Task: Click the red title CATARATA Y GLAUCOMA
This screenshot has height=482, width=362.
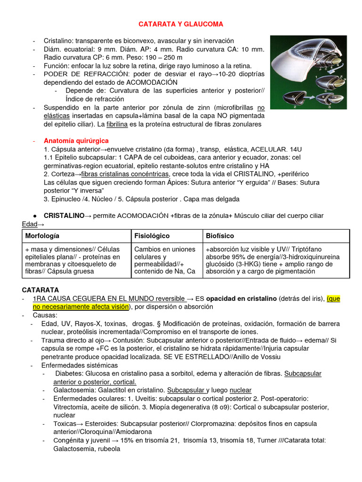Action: click(181, 24)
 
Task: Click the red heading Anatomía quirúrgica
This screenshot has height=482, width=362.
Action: click(76, 141)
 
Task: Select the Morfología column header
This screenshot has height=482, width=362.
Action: click(42, 235)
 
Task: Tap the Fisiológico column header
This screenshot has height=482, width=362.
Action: click(152, 235)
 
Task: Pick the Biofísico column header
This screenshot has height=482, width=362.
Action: click(220, 235)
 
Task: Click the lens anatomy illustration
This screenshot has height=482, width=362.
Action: click(308, 72)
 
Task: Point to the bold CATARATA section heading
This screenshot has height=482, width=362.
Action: click(41, 290)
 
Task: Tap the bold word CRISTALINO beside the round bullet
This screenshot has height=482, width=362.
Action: click(64, 216)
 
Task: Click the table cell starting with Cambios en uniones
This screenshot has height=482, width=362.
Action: click(165, 260)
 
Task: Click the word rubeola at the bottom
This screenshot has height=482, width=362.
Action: click(108, 449)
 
